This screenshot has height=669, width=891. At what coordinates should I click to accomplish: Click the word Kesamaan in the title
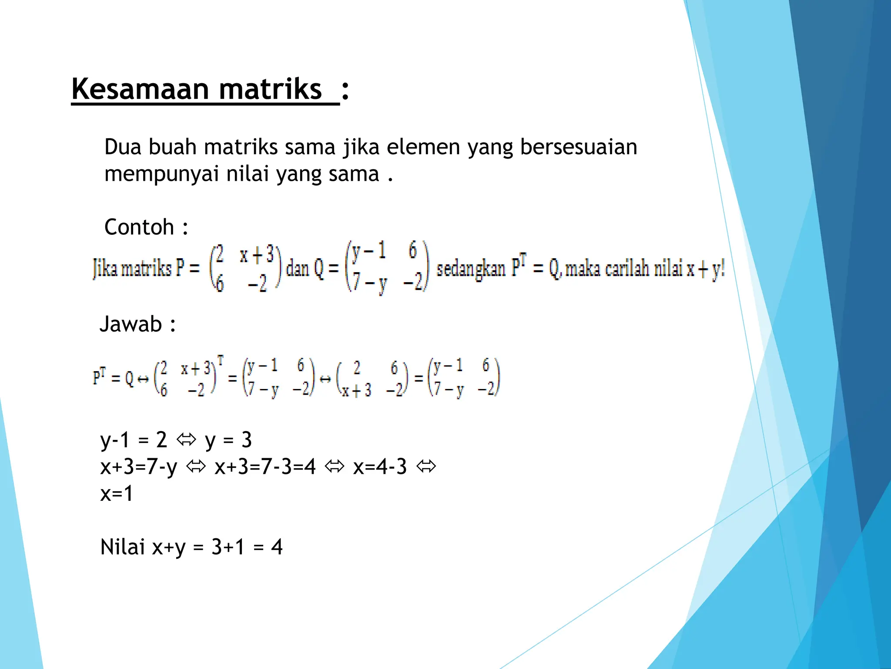pos(140,89)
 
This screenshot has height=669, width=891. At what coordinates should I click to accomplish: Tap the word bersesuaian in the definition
pos(579,147)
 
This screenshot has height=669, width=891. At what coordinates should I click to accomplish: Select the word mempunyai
pos(161,174)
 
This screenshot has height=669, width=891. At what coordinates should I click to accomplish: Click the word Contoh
pos(139,227)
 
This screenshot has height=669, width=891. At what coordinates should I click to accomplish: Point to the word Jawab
pos(131,324)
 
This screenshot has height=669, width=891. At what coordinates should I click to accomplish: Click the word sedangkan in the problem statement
pos(471,268)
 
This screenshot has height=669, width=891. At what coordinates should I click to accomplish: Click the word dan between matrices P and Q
pos(297,268)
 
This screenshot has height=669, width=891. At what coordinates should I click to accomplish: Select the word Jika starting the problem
pos(105,268)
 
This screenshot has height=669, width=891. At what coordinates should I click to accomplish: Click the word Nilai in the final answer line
pos(122,547)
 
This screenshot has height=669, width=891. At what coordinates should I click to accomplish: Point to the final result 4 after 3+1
pos(277,547)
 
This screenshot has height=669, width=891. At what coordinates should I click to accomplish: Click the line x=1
pos(116,494)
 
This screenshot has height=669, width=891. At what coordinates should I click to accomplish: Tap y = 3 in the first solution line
pos(228,440)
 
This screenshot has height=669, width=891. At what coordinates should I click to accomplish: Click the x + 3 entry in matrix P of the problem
pos(257,255)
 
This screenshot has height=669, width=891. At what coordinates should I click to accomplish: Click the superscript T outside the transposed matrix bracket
pos(221,360)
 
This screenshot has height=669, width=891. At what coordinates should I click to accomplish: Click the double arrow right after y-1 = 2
pos(186,440)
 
